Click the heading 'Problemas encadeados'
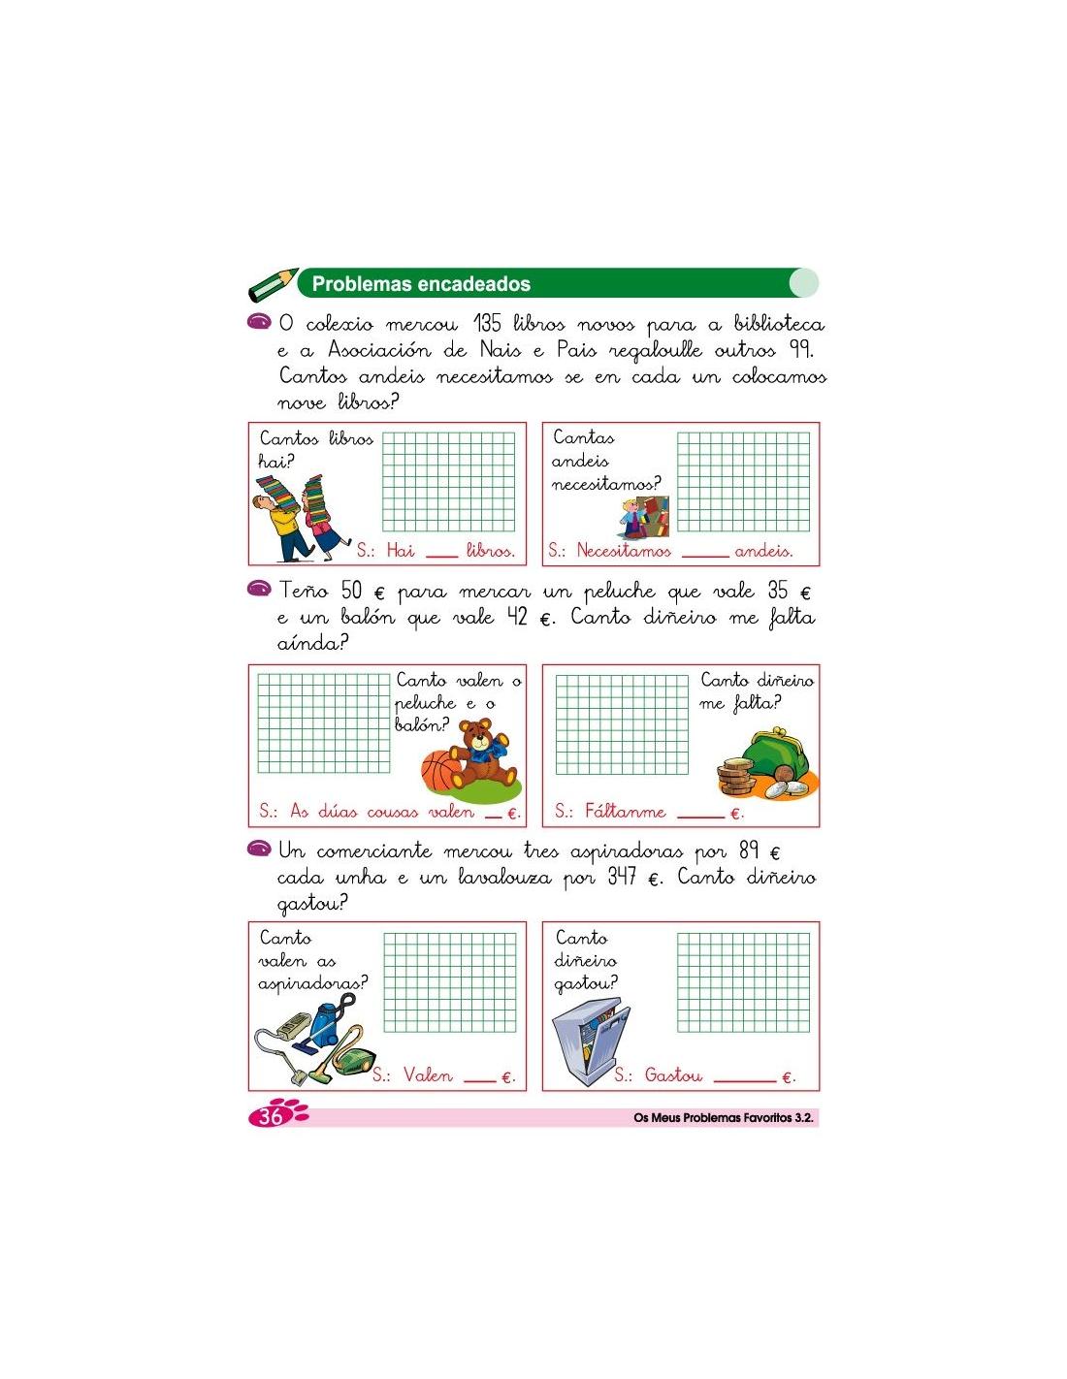pyautogui.click(x=421, y=284)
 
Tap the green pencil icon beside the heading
pyautogui.click(x=273, y=285)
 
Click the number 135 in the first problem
pyautogui.click(x=487, y=323)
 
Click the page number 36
pyautogui.click(x=271, y=1116)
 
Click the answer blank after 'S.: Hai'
pyautogui.click(x=441, y=555)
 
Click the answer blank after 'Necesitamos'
pyautogui.click(x=704, y=555)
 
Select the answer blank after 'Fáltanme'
pyautogui.click(x=699, y=816)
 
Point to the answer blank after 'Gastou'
pyautogui.click(x=744, y=1078)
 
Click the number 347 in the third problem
pyautogui.click(x=623, y=877)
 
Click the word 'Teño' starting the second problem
pyautogui.click(x=306, y=591)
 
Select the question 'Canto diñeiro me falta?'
pyautogui.click(x=757, y=691)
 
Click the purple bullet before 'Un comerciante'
pyautogui.click(x=259, y=850)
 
